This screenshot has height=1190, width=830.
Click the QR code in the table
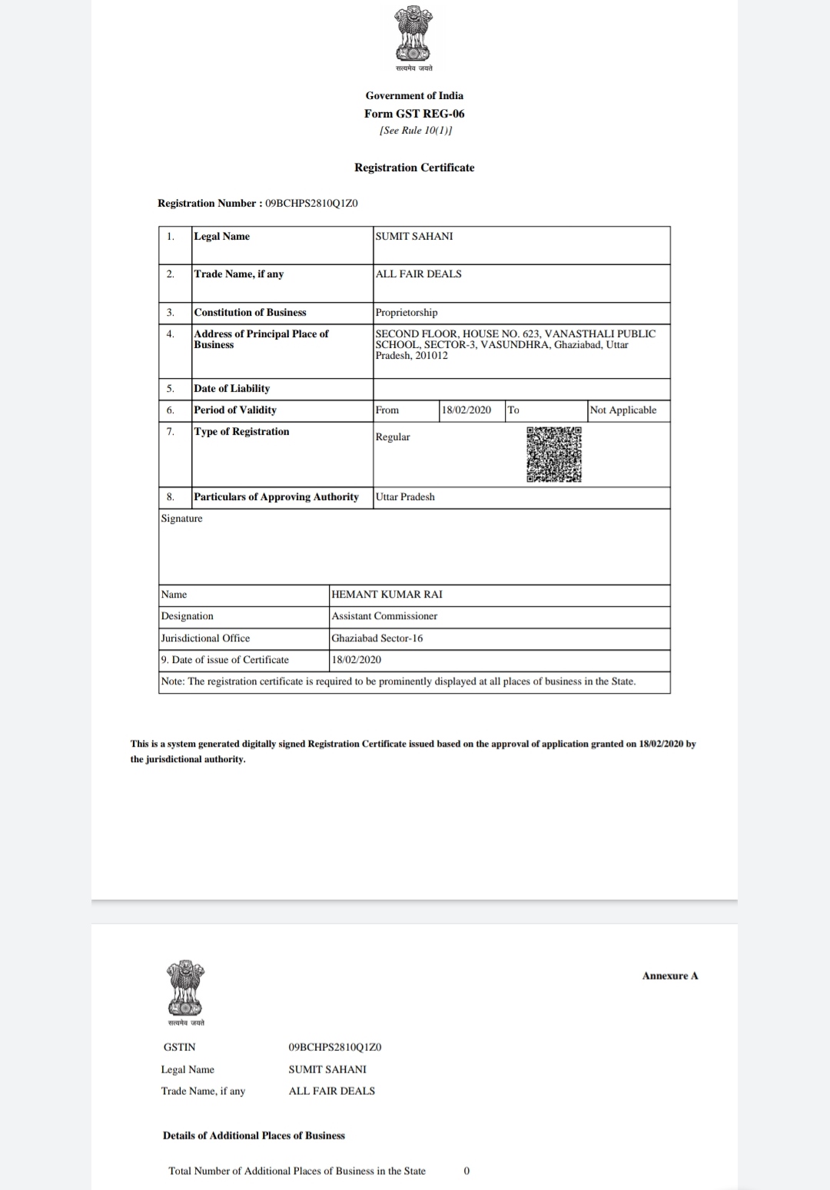[553, 454]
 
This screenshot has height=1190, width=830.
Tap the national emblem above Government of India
[413, 36]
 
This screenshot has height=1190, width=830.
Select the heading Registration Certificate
[414, 167]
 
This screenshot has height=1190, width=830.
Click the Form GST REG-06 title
[414, 114]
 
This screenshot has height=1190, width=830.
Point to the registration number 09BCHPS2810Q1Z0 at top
[311, 204]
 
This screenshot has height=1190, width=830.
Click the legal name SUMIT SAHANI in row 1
[414, 237]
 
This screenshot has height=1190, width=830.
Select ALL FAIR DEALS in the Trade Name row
[419, 274]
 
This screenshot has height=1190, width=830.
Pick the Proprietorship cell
[407, 313]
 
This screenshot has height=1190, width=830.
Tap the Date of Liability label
[231, 389]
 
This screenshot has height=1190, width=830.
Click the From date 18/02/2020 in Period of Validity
[466, 410]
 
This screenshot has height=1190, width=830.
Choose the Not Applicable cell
[623, 410]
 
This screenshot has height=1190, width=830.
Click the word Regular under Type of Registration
[393, 437]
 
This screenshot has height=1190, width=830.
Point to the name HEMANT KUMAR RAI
[387, 595]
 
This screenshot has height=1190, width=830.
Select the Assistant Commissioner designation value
[384, 616]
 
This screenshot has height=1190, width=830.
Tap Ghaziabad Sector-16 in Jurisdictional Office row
[377, 638]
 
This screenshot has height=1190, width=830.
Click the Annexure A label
[670, 976]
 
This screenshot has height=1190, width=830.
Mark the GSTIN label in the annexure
[180, 1047]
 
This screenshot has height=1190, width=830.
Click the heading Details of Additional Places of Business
[254, 1135]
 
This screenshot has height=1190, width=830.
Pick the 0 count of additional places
[466, 1171]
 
